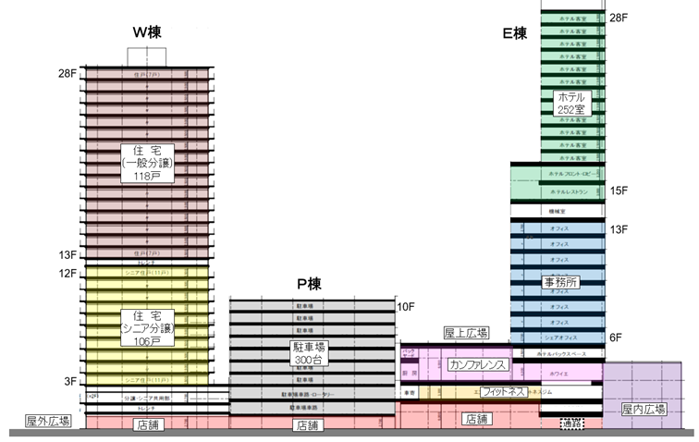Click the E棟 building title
(x=515, y=33)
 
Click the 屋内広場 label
(x=644, y=409)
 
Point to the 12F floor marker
(x=67, y=274)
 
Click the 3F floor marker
(x=70, y=380)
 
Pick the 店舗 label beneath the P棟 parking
(x=308, y=426)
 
